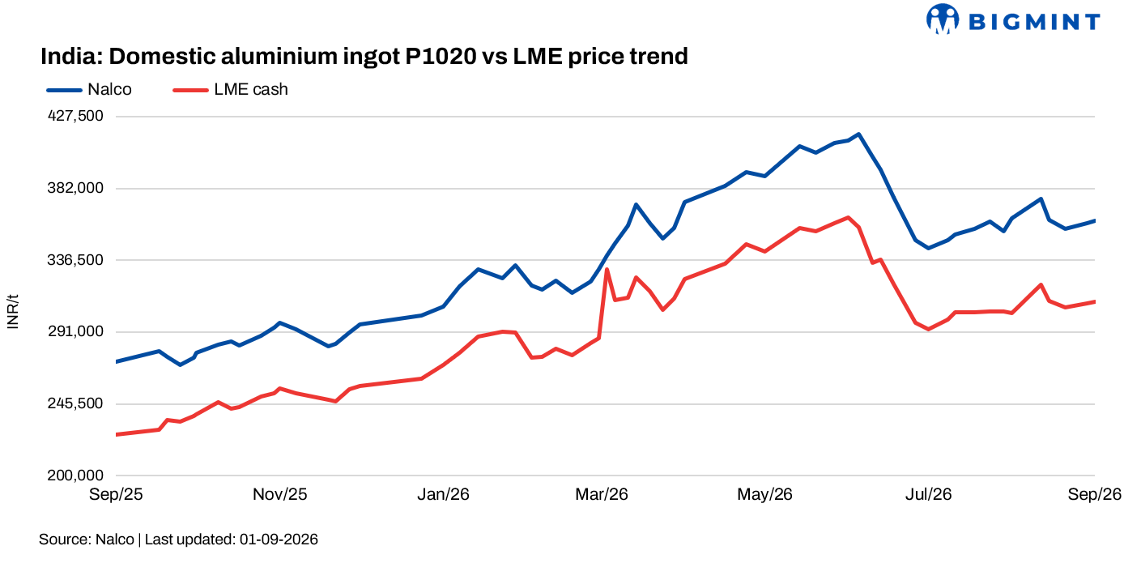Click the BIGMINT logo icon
(943, 19)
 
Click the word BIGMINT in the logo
(1034, 22)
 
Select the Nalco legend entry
(89, 90)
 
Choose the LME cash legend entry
(230, 90)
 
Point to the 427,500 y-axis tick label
(75, 116)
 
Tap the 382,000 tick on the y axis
(75, 188)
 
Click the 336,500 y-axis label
(75, 260)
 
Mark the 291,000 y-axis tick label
(75, 331)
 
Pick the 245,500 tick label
(75, 403)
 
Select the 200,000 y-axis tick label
(75, 476)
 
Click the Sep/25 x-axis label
(116, 494)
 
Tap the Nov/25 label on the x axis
(280, 494)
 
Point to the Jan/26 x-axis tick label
(443, 494)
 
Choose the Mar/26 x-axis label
(602, 494)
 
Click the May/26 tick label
(764, 494)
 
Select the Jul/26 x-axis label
(928, 494)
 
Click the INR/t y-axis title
(13, 311)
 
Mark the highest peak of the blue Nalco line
(859, 134)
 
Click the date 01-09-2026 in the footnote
(279, 540)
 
